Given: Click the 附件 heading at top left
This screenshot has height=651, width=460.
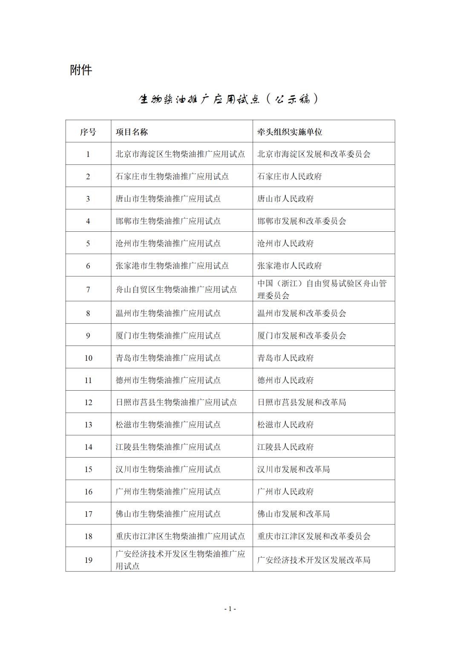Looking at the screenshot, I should [x=81, y=70].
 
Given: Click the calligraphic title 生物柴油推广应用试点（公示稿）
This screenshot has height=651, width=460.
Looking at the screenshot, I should [x=228, y=99].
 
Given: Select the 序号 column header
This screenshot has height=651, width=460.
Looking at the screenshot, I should [x=88, y=132].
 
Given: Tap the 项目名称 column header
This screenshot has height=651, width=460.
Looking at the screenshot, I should [x=132, y=132].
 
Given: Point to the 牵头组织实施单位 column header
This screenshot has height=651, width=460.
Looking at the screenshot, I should [x=290, y=132].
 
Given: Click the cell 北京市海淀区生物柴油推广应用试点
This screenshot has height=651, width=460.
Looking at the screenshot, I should [x=180, y=154].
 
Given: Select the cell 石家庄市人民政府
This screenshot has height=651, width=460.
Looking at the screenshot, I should [x=290, y=176].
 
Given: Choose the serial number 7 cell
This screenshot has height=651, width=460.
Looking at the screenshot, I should [x=88, y=290].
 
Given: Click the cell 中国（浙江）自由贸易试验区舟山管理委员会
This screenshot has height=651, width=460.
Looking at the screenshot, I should [x=322, y=289].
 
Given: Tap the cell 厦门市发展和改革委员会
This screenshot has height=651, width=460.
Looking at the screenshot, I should [x=302, y=336].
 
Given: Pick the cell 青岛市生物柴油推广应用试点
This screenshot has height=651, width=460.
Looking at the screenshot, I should [x=168, y=358].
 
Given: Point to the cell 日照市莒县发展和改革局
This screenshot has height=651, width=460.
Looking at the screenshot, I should [x=302, y=402].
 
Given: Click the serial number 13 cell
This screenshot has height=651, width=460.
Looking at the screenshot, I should [x=88, y=425].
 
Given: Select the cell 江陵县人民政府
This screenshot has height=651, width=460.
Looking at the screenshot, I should [x=285, y=447].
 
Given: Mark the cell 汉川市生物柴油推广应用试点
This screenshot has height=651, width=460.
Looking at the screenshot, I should [x=168, y=469].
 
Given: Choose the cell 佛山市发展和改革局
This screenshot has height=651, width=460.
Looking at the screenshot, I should [x=293, y=514].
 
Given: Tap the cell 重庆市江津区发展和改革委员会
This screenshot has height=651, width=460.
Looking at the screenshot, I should [x=314, y=536].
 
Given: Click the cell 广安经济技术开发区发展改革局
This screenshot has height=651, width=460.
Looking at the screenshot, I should [x=314, y=560].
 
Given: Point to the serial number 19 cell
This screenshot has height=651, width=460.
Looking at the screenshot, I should [x=88, y=560].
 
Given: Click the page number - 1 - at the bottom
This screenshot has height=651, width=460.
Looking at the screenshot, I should [x=230, y=609].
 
